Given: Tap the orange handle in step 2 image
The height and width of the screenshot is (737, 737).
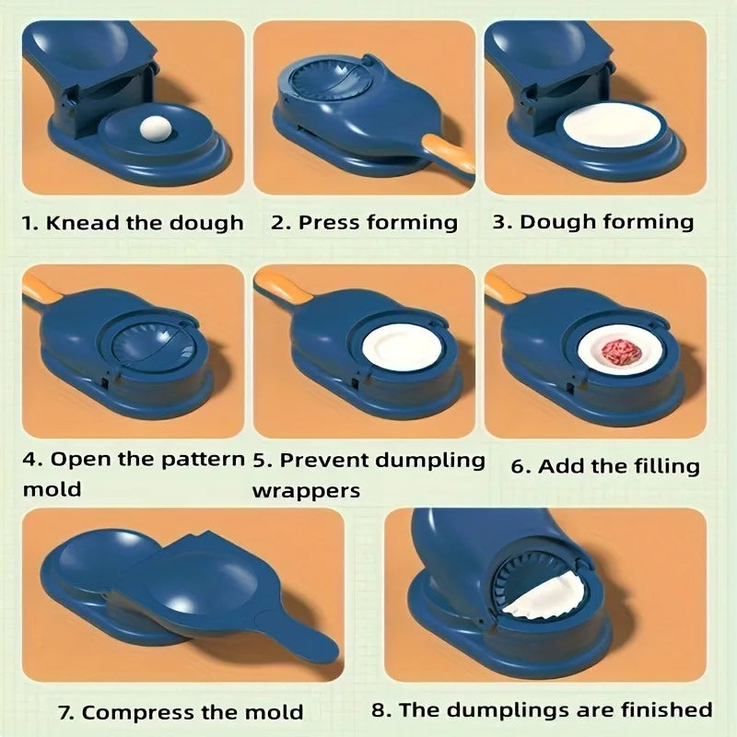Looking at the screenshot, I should tap(448, 152).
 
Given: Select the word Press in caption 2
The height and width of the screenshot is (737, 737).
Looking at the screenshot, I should tap(329, 223).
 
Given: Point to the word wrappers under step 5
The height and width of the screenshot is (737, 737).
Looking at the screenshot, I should tap(306, 490).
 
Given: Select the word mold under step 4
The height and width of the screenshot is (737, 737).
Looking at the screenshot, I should tap(52, 490).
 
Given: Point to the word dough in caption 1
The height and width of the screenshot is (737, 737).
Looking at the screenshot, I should tap(206, 223).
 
